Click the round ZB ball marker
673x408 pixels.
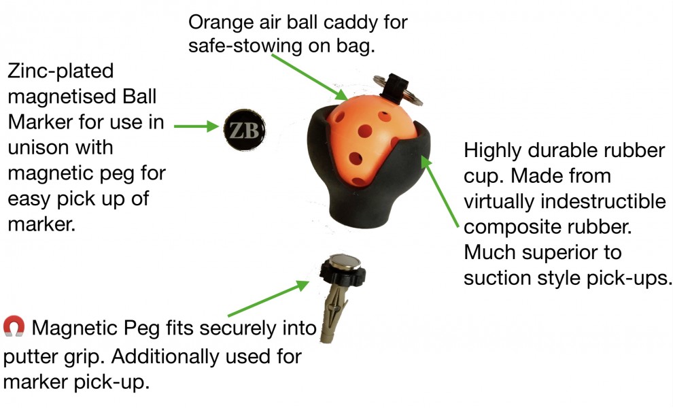point(245,130)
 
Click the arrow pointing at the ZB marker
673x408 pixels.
point(197,126)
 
